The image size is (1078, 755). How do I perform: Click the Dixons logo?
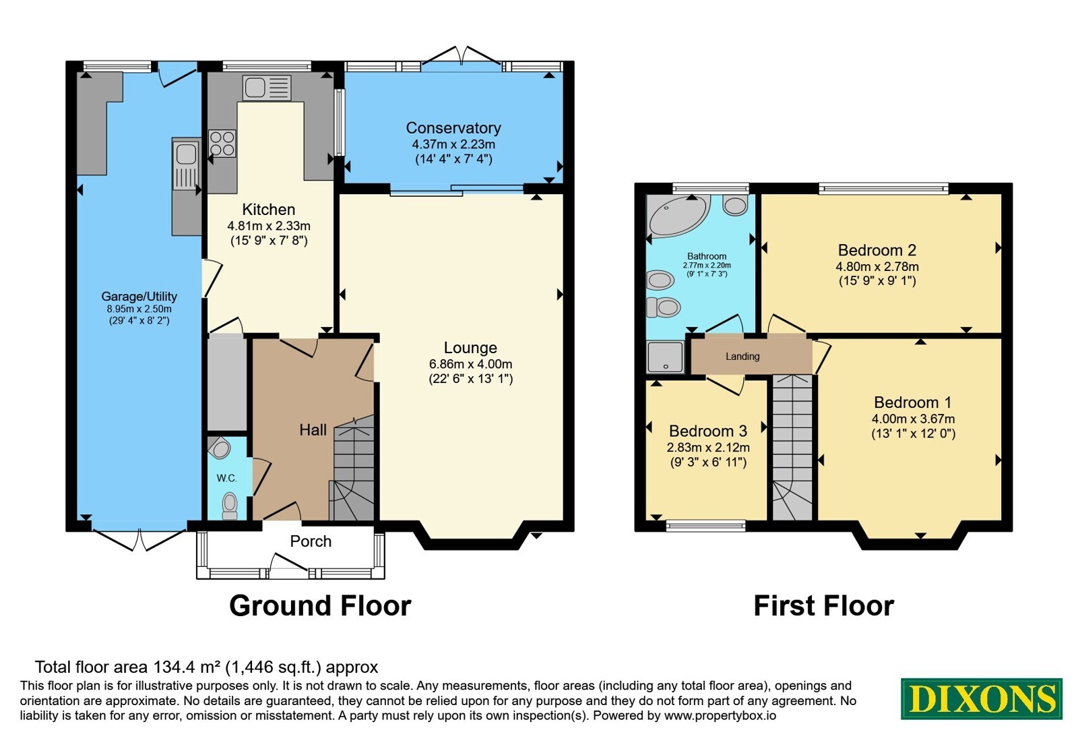tap(981, 698)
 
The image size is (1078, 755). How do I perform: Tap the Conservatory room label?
tap(453, 128)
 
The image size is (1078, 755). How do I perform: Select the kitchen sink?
tap(267, 88)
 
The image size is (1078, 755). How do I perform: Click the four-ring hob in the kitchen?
tap(222, 144)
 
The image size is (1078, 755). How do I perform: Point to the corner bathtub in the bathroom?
tap(678, 216)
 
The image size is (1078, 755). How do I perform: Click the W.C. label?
tap(226, 478)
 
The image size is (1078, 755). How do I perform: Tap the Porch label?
tap(311, 542)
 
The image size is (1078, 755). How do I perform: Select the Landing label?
tap(742, 357)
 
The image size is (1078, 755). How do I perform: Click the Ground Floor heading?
tap(320, 605)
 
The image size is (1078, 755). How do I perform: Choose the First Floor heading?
tap(823, 605)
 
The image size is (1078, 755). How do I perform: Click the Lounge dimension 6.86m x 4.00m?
tap(471, 365)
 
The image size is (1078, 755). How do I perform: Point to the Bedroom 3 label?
tap(708, 431)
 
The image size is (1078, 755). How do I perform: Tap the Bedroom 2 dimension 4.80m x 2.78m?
tap(877, 267)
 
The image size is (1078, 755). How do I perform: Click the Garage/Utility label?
tap(139, 297)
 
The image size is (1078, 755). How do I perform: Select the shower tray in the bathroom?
tap(666, 357)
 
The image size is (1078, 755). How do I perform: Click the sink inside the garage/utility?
tap(186, 164)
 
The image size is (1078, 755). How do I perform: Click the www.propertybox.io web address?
tap(720, 715)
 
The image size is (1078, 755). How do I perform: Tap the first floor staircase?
tap(792, 448)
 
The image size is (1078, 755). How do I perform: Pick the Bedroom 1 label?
tap(913, 402)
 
